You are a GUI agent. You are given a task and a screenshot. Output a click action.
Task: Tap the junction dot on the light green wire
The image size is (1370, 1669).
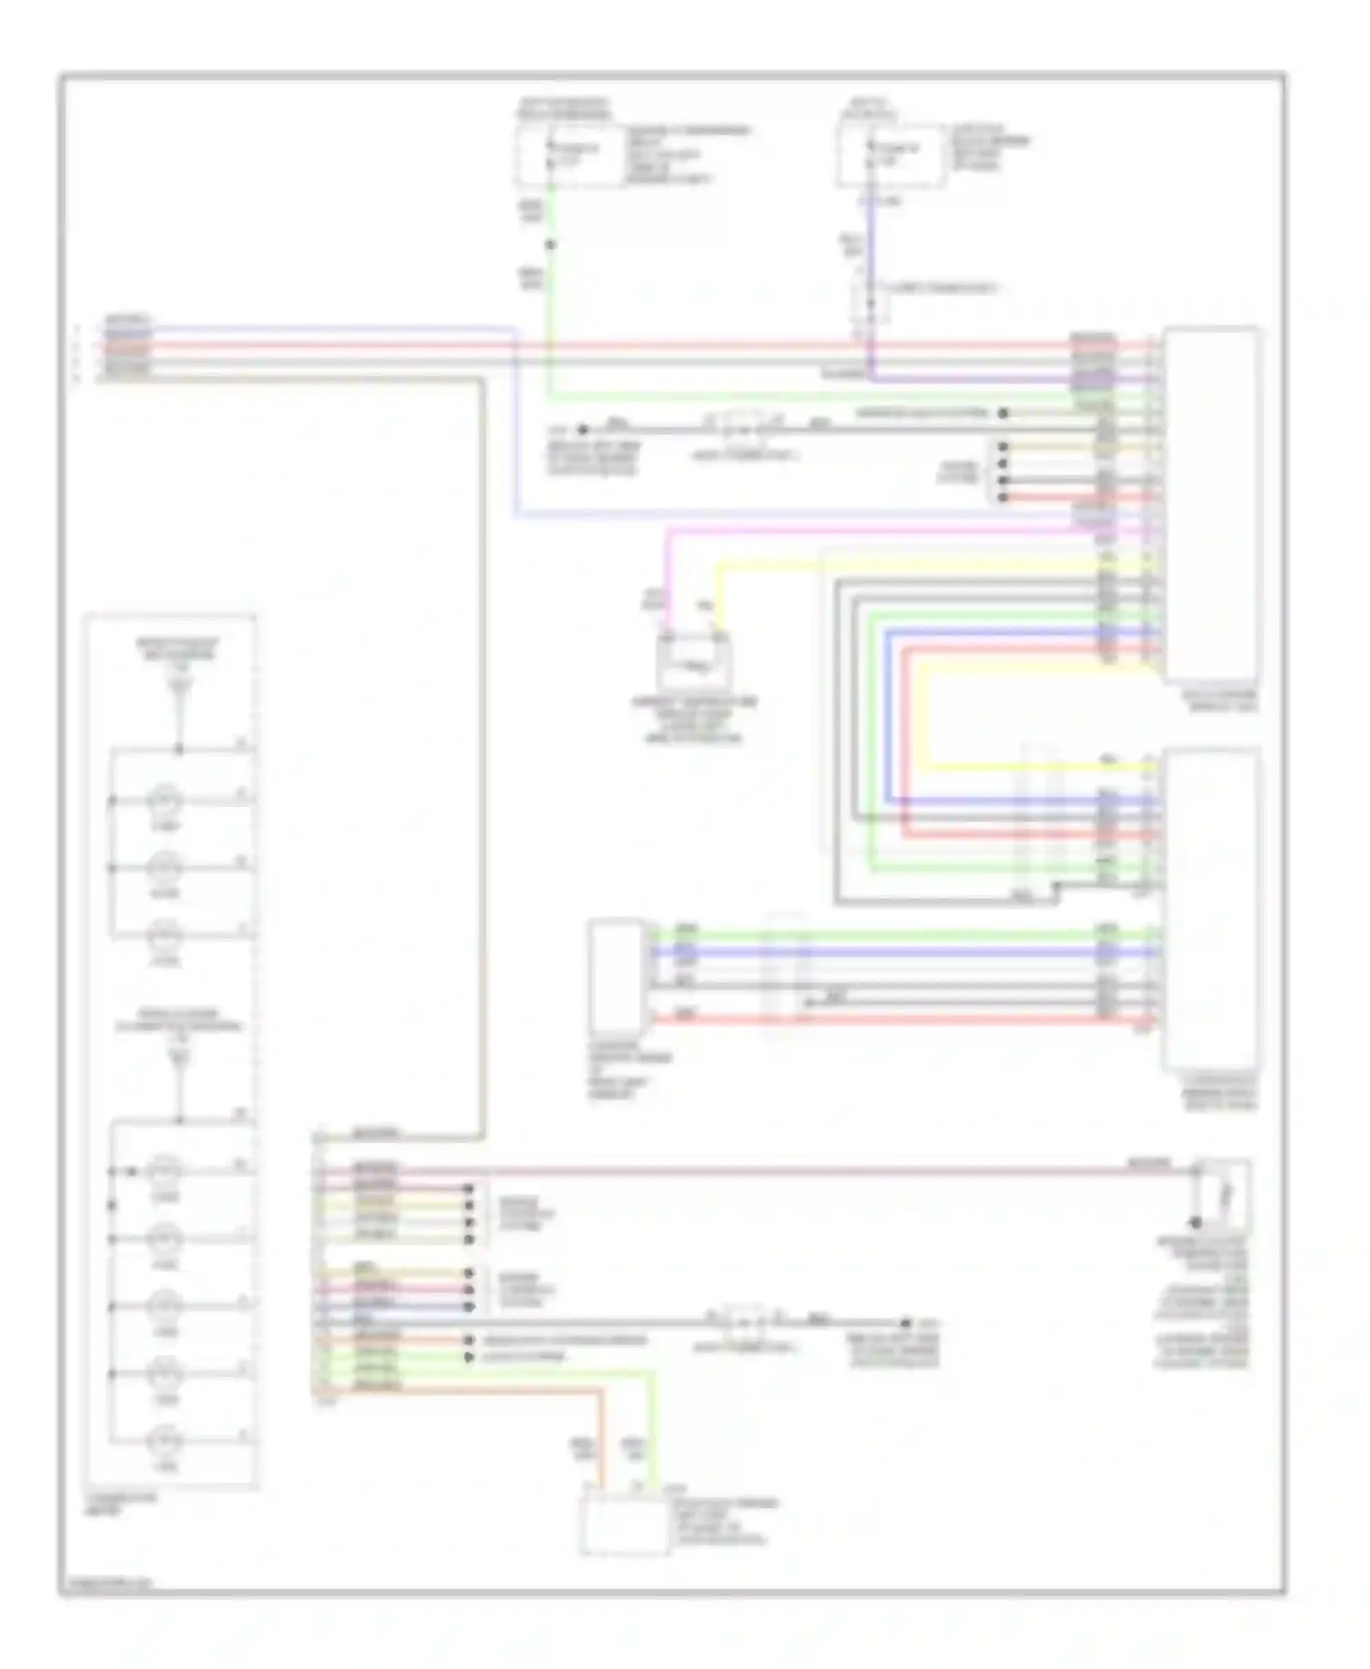click(x=551, y=245)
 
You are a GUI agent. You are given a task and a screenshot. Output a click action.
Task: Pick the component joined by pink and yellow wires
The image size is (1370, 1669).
click(x=693, y=661)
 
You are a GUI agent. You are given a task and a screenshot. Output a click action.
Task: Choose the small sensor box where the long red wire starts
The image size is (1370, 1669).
click(x=618, y=977)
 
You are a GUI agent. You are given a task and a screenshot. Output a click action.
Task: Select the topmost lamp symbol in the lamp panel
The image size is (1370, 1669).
click(x=165, y=801)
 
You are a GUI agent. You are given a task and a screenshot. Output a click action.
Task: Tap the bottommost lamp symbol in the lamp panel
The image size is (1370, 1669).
click(x=165, y=1442)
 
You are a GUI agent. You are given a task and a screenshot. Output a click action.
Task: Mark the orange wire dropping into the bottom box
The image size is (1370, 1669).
click(x=602, y=1443)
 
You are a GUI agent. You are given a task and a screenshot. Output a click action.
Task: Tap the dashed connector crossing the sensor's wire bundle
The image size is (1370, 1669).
click(x=786, y=972)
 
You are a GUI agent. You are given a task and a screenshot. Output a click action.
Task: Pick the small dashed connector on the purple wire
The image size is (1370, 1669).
click(x=870, y=301)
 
